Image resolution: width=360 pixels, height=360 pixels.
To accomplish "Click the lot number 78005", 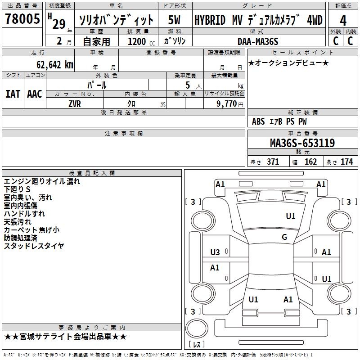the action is pyautogui.click(x=22, y=18).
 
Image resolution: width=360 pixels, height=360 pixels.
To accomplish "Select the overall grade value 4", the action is pyautogui.click(x=343, y=21).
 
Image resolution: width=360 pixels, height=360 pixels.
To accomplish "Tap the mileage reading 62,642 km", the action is pyautogui.click(x=55, y=65).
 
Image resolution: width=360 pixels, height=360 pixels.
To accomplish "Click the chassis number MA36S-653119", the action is pyautogui.click(x=302, y=143).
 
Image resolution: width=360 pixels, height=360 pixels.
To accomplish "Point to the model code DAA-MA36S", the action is pyautogui.click(x=258, y=41).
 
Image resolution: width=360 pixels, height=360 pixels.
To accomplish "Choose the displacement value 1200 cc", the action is pyautogui.click(x=141, y=42).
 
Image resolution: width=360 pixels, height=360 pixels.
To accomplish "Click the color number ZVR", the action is pyautogui.click(x=75, y=104).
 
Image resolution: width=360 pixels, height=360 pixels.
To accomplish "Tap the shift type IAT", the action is pyautogui.click(x=13, y=94).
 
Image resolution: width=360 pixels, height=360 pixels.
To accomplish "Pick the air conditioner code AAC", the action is pyautogui.click(x=35, y=94).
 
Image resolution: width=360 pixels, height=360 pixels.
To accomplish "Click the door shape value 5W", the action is pyautogui.click(x=174, y=20).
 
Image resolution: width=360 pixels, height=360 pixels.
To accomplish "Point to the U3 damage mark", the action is pyautogui.click(x=215, y=252).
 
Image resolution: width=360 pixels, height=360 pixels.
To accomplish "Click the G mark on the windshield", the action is pyautogui.click(x=284, y=237).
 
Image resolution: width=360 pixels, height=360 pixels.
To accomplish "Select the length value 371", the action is pyautogui.click(x=273, y=162).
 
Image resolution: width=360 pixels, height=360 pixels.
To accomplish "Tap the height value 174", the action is pyautogui.click(x=346, y=162).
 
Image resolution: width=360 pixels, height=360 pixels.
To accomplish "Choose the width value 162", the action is pyautogui.click(x=310, y=162).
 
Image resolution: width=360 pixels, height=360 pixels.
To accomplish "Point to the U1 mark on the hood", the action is pyautogui.click(x=291, y=216).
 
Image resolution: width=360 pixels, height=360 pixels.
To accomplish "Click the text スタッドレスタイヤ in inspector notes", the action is pyautogui.click(x=34, y=246).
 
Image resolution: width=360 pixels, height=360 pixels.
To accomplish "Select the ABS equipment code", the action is pyautogui.click(x=258, y=121).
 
